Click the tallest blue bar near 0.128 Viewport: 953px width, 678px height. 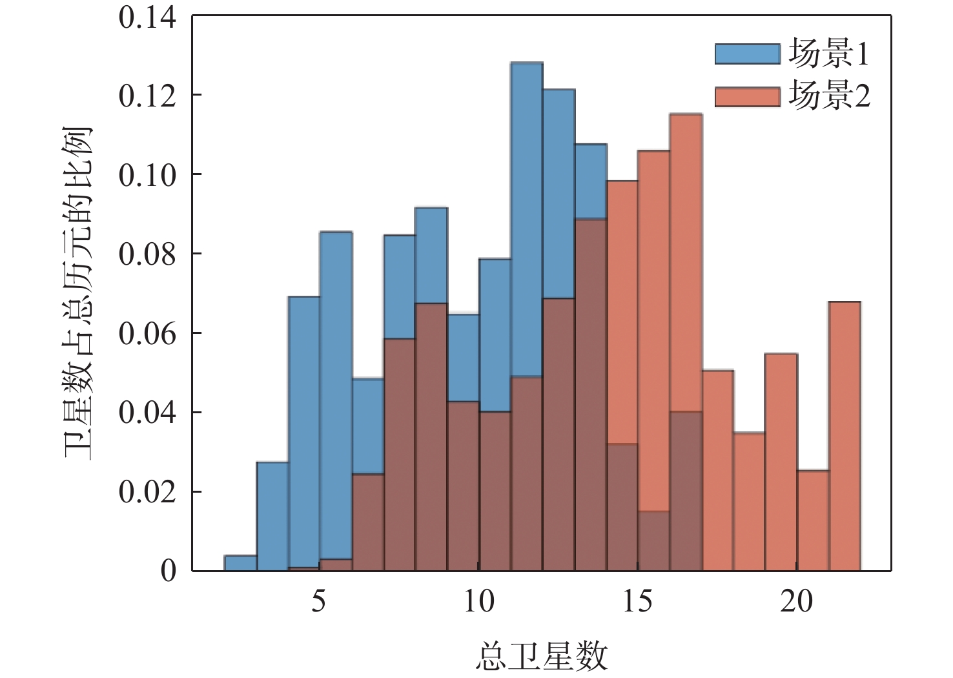tap(527, 220)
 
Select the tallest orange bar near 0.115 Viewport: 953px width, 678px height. tap(686, 258)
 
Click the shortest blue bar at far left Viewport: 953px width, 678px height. tap(240, 563)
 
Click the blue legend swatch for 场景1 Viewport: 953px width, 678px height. tap(747, 54)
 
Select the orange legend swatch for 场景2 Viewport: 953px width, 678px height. tap(747, 97)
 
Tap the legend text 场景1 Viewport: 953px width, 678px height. tap(829, 54)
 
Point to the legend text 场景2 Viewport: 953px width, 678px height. tap(829, 96)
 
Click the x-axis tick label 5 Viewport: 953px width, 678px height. tap(318, 601)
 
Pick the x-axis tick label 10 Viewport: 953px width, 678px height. tap(478, 601)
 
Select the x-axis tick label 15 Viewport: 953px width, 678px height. tap(637, 601)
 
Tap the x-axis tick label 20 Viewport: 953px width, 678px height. tap(796, 601)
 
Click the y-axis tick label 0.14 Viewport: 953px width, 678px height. tap(147, 17)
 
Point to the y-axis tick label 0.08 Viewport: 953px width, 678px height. tap(147, 254)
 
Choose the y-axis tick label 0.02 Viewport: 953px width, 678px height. tap(147, 492)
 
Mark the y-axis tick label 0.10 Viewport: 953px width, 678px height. tap(147, 175)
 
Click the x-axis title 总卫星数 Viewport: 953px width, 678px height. tap(542, 656)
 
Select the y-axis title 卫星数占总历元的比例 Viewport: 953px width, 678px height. tap(78, 294)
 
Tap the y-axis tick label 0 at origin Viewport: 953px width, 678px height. tap(168, 571)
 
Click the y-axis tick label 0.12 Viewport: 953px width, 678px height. tap(147, 96)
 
